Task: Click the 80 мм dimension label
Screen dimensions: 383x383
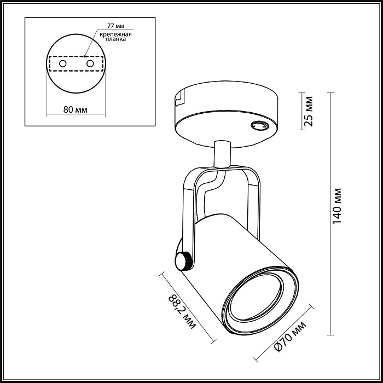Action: click(76, 109)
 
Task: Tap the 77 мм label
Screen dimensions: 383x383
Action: click(116, 26)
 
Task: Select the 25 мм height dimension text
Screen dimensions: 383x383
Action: click(309, 111)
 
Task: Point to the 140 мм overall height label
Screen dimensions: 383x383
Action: click(337, 206)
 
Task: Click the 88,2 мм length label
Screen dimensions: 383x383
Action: click(182, 312)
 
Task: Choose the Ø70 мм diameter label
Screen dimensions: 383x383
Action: click(290, 336)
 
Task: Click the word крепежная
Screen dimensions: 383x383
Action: click(116, 34)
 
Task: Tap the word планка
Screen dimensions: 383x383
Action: click(116, 39)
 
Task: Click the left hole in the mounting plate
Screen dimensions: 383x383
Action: click(63, 64)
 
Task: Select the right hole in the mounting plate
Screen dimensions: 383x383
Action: click(90, 64)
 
